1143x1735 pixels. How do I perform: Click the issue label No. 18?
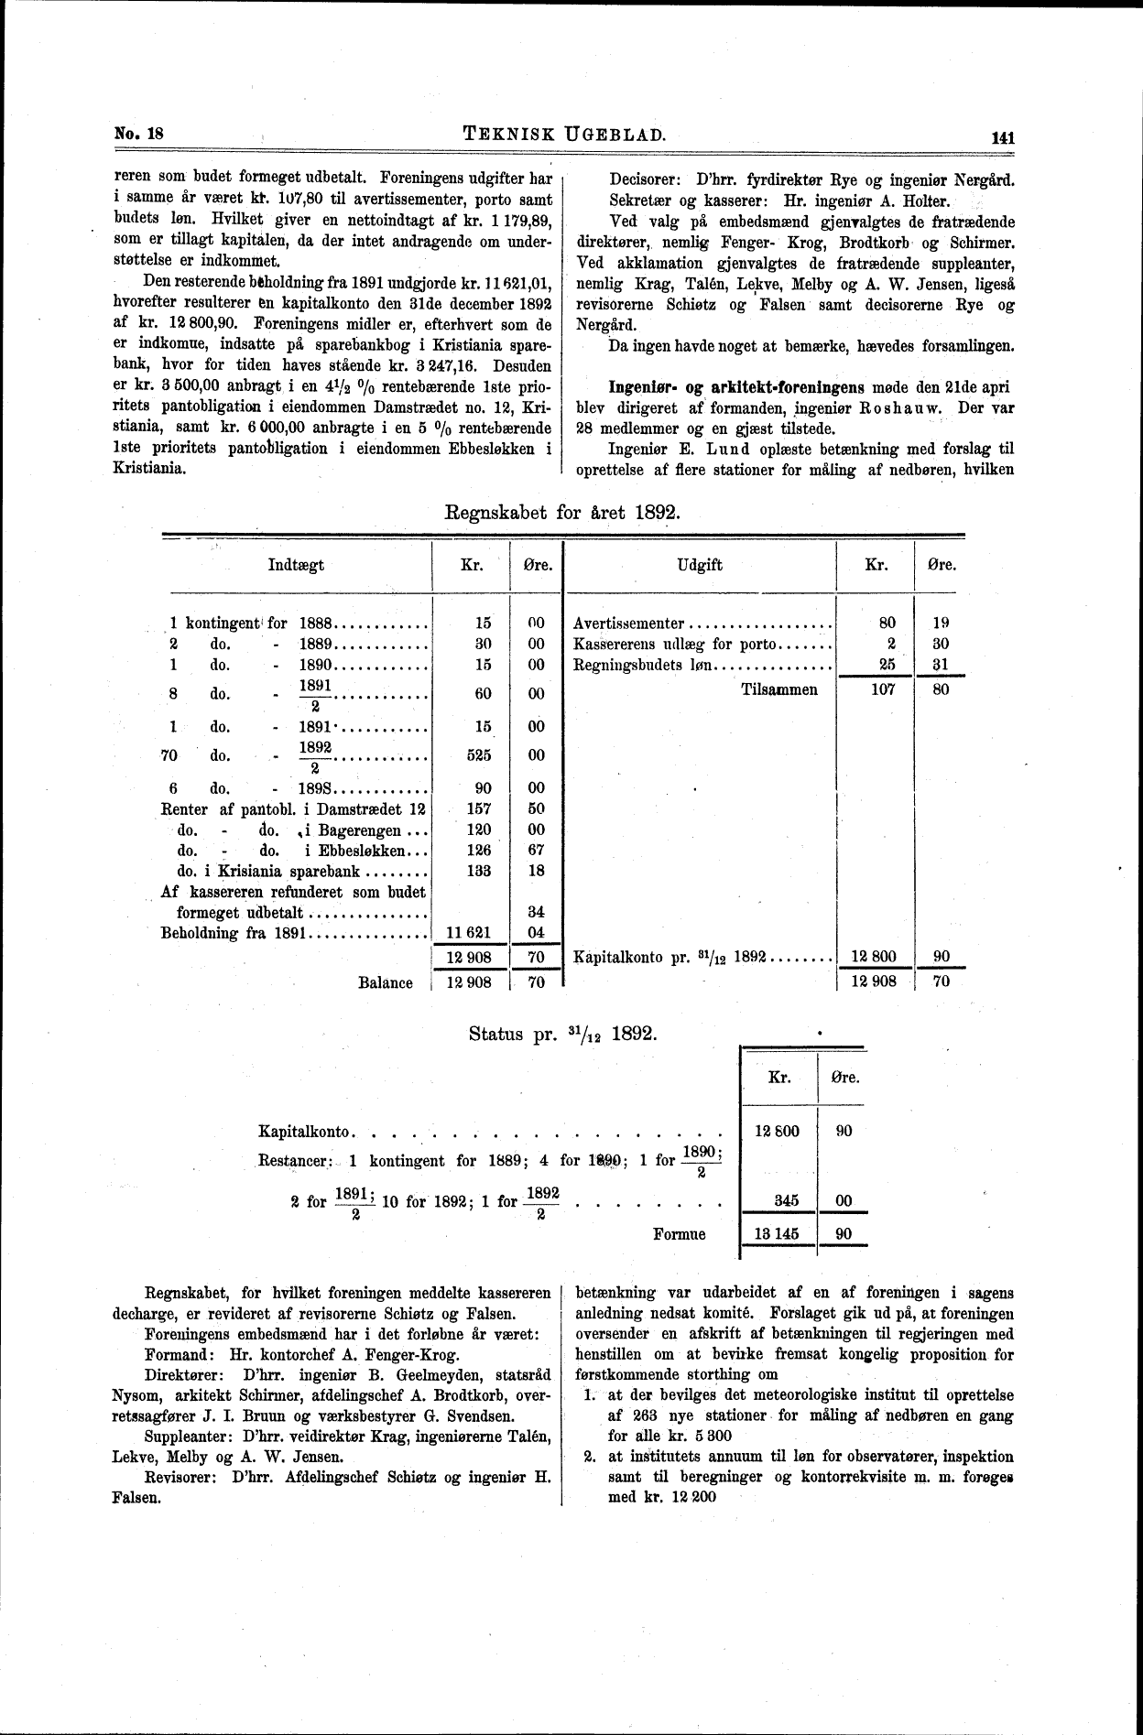point(137,133)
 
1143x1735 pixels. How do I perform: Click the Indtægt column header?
point(296,565)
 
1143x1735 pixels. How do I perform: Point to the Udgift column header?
point(700,565)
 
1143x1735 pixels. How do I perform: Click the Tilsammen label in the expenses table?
point(778,689)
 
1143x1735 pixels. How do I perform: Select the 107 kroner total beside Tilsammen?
point(882,689)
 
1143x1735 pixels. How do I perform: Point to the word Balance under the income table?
point(385,982)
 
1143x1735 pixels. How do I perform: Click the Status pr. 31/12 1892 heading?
point(561,1034)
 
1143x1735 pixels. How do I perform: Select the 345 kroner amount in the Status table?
point(786,1201)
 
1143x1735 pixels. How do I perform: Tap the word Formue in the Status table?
point(680,1234)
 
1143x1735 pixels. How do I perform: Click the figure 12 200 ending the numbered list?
point(702,1497)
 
